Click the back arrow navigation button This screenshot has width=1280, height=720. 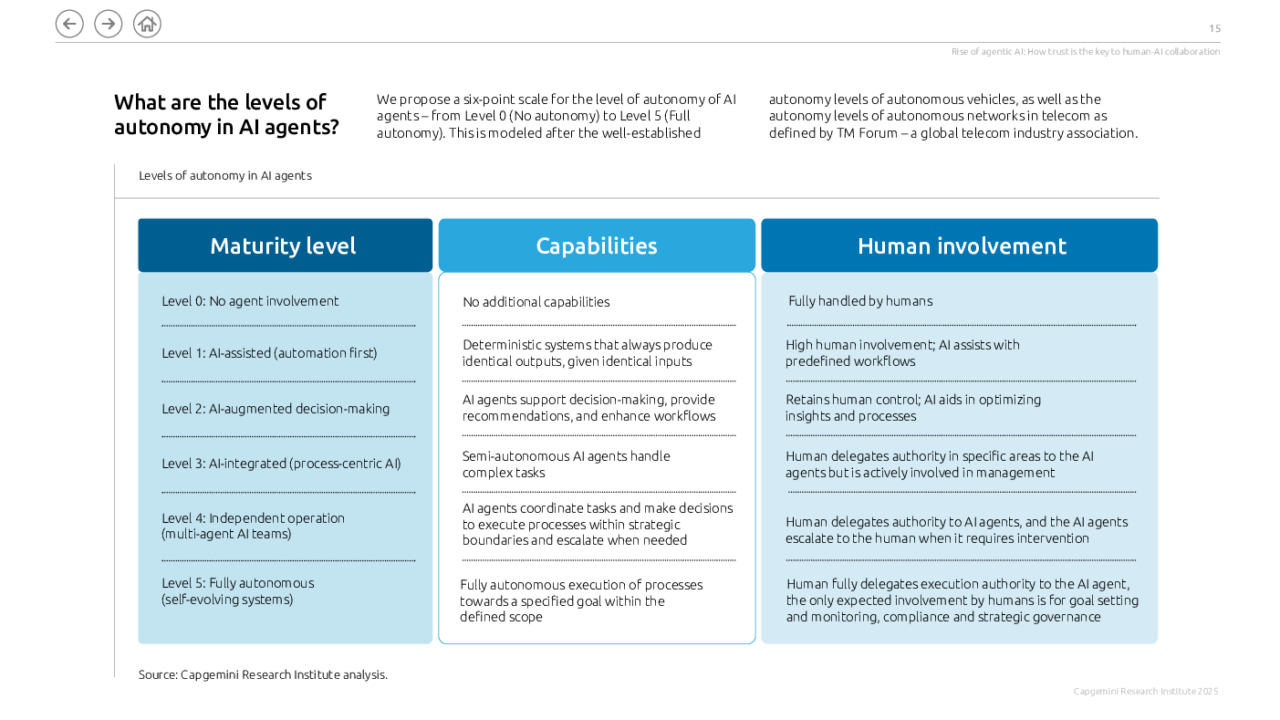point(69,24)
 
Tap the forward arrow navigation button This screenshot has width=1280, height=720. point(108,24)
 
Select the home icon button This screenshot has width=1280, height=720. point(147,24)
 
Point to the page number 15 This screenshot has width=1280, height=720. point(1214,28)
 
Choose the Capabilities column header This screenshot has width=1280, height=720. point(597,245)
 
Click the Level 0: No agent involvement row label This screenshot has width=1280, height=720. point(250,301)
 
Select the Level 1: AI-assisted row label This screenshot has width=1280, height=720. point(269,353)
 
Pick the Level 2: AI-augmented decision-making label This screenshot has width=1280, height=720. point(276,409)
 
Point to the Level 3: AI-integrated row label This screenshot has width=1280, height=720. point(281,464)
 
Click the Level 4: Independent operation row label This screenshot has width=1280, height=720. point(253,526)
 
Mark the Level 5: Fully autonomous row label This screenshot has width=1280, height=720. point(238,590)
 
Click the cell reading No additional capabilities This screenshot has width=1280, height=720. point(536,302)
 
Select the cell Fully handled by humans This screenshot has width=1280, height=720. point(860,301)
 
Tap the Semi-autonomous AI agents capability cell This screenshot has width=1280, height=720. point(566,464)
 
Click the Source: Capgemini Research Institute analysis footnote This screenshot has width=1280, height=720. point(263,674)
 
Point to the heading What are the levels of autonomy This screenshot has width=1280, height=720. point(226,114)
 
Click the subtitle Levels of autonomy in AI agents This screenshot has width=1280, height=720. point(225,175)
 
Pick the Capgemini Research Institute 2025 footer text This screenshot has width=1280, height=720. point(1146,692)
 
